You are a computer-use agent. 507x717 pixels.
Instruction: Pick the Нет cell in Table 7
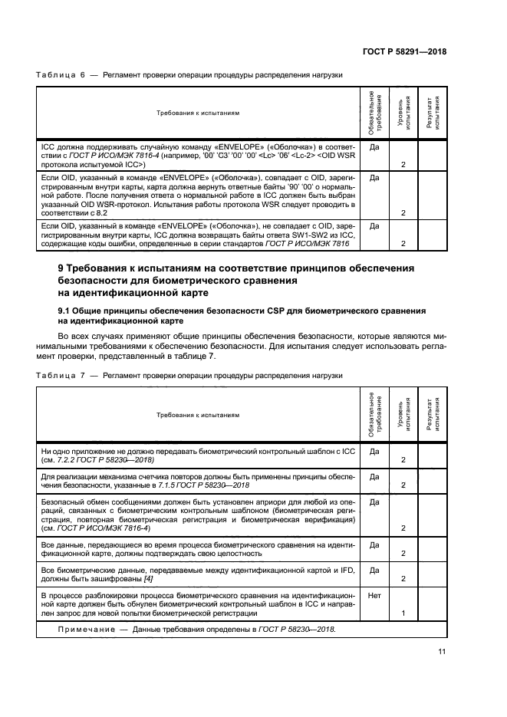375,594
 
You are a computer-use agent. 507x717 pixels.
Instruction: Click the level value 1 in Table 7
403,613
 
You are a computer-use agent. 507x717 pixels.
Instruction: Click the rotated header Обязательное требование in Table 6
374,112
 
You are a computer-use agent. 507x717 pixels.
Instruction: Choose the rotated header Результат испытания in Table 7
433,413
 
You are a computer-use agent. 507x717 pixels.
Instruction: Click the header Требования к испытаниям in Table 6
198,113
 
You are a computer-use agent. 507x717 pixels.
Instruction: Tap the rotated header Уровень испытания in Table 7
403,413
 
